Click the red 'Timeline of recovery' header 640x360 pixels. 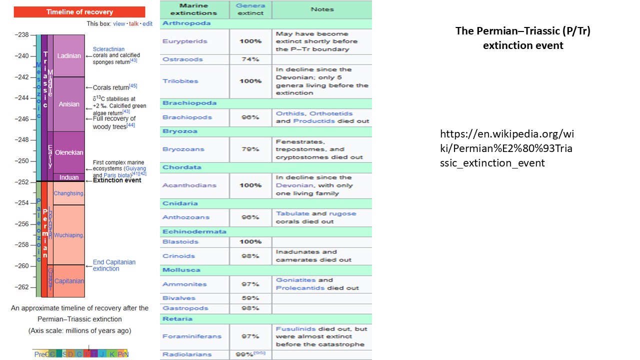[x=79, y=12]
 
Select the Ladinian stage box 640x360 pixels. [x=69, y=56]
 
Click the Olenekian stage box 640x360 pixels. [x=69, y=152]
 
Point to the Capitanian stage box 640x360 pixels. [x=69, y=281]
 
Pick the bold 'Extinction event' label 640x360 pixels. [x=117, y=180]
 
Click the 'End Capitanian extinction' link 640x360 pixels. [x=114, y=265]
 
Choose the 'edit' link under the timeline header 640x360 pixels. [x=147, y=23]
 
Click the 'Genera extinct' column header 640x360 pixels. [x=250, y=9]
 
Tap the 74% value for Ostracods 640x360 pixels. [x=250, y=59]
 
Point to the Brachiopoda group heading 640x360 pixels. [x=189, y=103]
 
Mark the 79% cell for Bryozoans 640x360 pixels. [x=250, y=149]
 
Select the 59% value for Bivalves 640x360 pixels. [x=250, y=298]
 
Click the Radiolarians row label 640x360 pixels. [x=180, y=354]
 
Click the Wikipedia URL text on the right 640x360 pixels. [x=507, y=148]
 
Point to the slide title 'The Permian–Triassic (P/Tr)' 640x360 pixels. [x=522, y=31]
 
